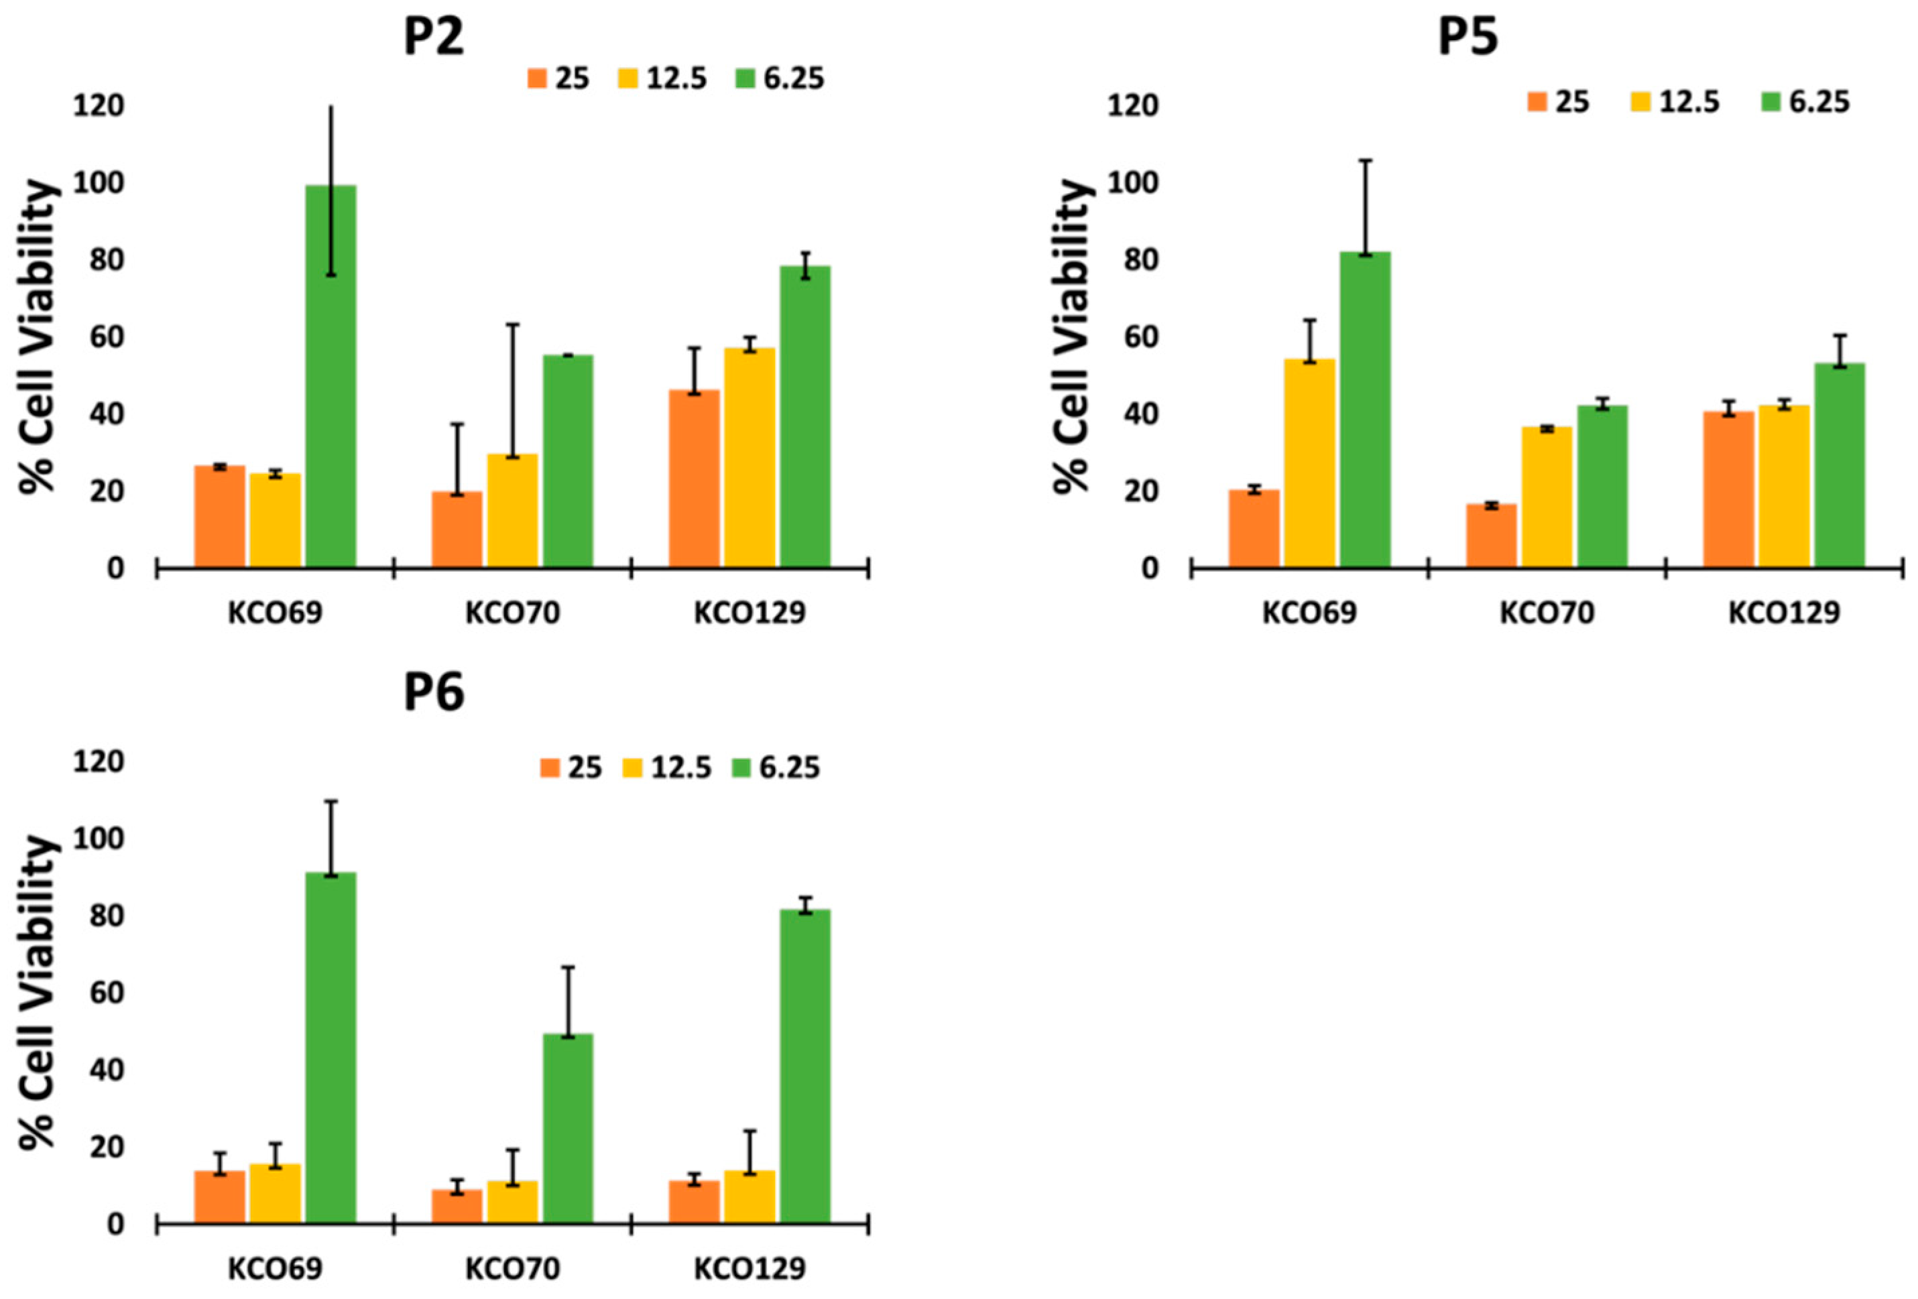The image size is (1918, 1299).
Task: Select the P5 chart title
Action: click(x=1467, y=37)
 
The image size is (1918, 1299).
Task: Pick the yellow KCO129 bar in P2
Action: click(x=750, y=457)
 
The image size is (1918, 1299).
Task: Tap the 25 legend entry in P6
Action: click(x=571, y=767)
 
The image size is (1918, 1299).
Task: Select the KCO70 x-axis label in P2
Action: click(x=512, y=613)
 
